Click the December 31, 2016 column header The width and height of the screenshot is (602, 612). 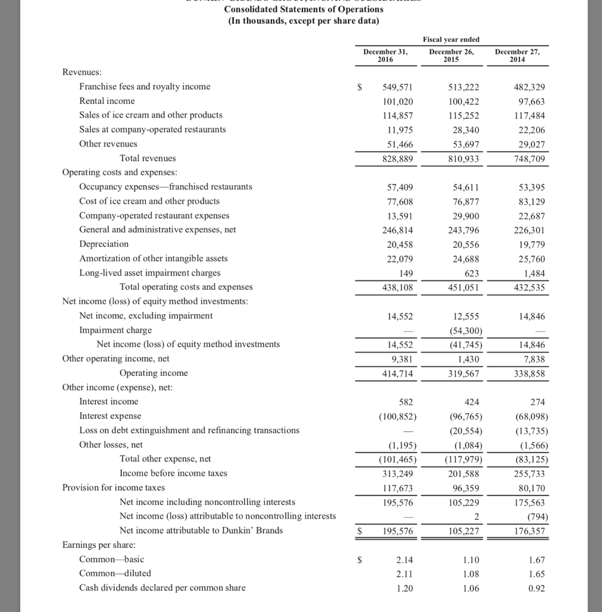(x=385, y=56)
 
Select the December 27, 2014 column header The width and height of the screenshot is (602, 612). (x=517, y=56)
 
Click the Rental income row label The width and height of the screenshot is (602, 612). (x=107, y=101)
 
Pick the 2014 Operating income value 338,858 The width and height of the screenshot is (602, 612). (x=529, y=374)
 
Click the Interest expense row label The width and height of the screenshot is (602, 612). (x=110, y=416)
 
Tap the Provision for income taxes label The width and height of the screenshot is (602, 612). (x=114, y=488)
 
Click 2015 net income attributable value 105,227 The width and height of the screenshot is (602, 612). (x=463, y=531)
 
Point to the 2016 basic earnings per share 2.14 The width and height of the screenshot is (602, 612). (x=404, y=560)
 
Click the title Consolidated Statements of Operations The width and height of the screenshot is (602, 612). (x=304, y=9)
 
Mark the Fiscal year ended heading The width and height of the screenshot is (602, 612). (x=451, y=39)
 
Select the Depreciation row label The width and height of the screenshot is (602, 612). (x=103, y=244)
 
